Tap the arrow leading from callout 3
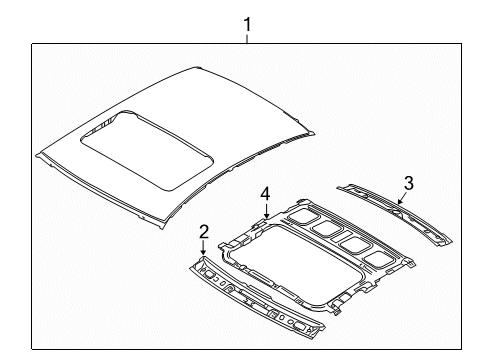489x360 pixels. pyautogui.click(x=400, y=197)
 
